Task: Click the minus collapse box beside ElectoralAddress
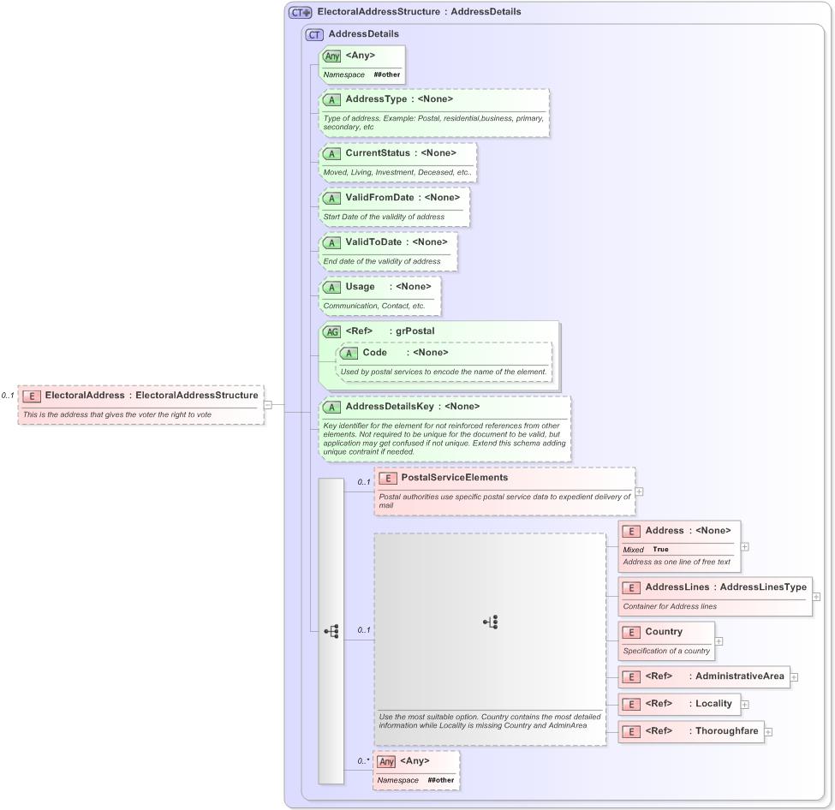(x=268, y=405)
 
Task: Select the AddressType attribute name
(x=376, y=99)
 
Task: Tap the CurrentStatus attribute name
(x=378, y=153)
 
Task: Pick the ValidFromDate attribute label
(x=379, y=198)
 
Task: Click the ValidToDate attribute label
(x=373, y=242)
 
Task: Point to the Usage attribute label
(x=360, y=287)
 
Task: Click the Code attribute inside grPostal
(x=374, y=353)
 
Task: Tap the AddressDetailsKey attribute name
(x=389, y=407)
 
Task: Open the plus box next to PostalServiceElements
(x=639, y=491)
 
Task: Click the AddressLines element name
(x=677, y=587)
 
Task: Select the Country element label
(x=664, y=632)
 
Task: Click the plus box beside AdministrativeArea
(x=794, y=677)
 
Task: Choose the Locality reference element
(x=713, y=704)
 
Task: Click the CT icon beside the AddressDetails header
(x=315, y=34)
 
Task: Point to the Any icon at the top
(x=331, y=56)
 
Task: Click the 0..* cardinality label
(x=364, y=760)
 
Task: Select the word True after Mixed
(x=660, y=550)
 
